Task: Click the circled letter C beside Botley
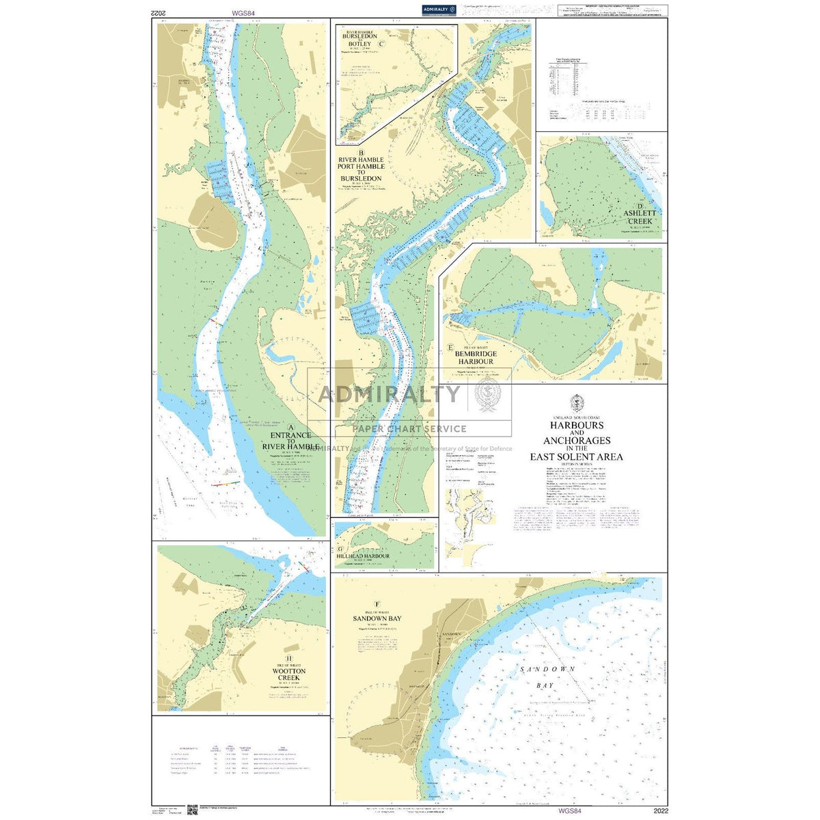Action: coord(381,45)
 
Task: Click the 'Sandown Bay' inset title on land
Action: coord(377,618)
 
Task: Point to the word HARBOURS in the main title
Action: coord(577,425)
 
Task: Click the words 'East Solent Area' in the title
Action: coord(577,457)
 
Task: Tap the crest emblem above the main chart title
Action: coord(577,403)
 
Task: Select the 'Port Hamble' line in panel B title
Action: coord(362,166)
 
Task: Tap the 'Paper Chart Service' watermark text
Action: coord(409,429)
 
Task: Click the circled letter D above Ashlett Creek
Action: coord(640,206)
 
